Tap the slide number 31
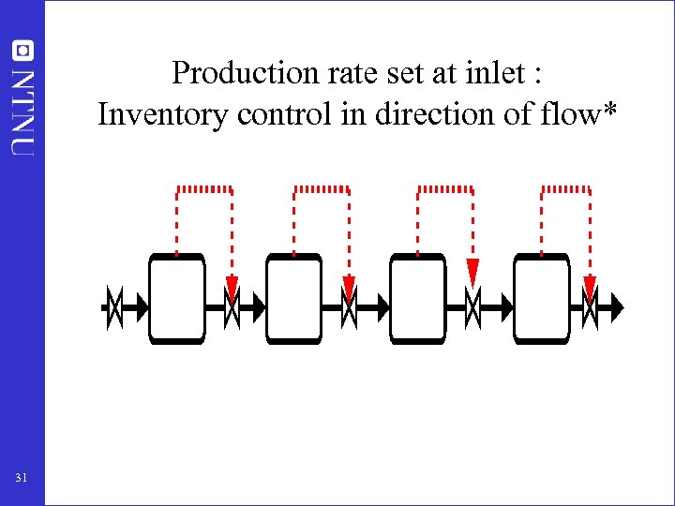[22, 479]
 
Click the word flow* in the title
[585, 114]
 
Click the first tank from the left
[176, 299]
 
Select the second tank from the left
[293, 299]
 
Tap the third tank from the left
[417, 299]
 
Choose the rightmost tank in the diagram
[541, 299]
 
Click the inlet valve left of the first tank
[112, 305]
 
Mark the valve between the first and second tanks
[232, 305]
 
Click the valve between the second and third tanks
[349, 305]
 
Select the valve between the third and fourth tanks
[472, 305]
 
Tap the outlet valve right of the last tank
[590, 305]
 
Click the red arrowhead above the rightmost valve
[590, 286]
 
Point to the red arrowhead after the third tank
[472, 271]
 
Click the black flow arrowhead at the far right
[615, 305]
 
